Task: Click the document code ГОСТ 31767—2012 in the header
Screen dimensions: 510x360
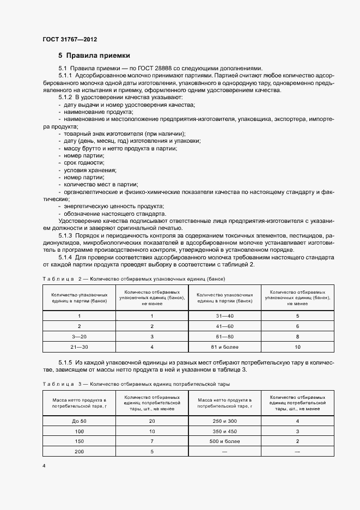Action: click(70, 40)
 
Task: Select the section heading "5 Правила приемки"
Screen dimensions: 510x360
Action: click(94, 56)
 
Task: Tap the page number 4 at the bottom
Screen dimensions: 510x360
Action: click(44, 466)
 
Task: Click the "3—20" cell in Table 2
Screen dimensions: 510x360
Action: click(80, 337)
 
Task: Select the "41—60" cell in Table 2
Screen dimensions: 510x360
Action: click(225, 326)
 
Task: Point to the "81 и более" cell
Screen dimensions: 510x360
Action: click(225, 347)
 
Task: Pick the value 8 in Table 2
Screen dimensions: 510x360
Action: click(297, 337)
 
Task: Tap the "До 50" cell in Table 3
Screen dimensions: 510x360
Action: click(80, 421)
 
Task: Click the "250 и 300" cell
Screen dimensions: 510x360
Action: click(225, 421)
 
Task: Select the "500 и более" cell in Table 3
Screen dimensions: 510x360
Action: click(225, 441)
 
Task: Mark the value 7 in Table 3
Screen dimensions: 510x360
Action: click(152, 441)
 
